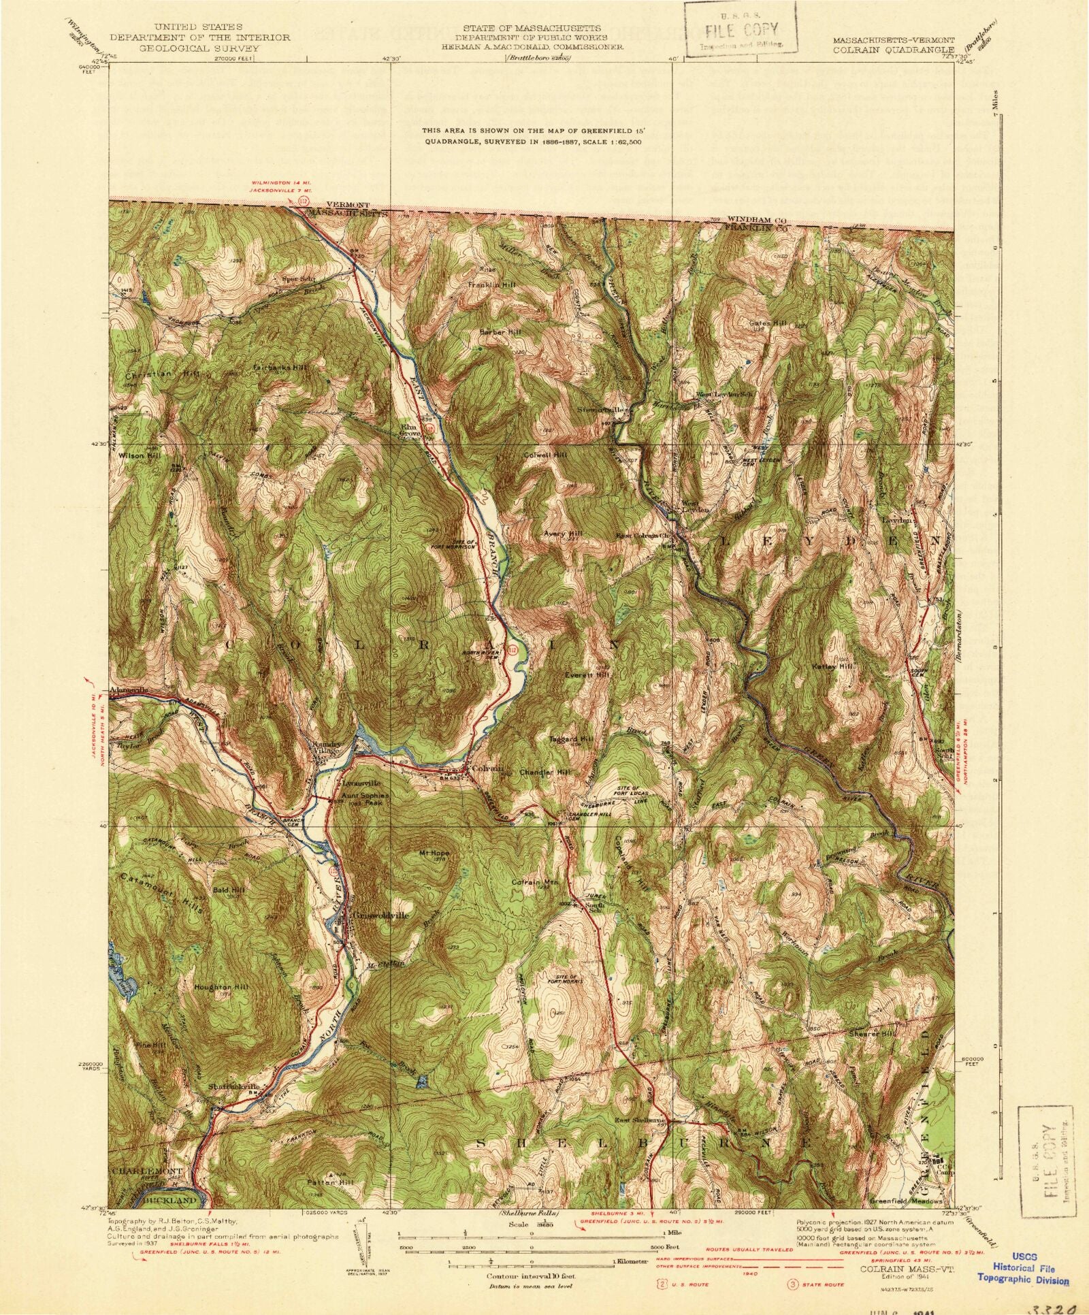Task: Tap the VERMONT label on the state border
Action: click(x=347, y=204)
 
